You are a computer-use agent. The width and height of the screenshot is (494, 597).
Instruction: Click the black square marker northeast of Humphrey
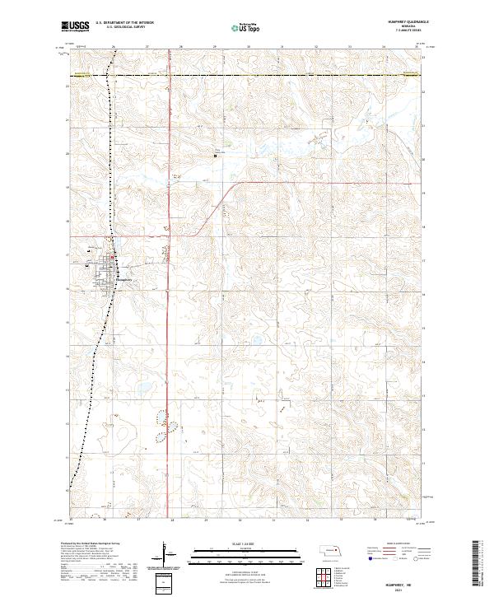216,155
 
